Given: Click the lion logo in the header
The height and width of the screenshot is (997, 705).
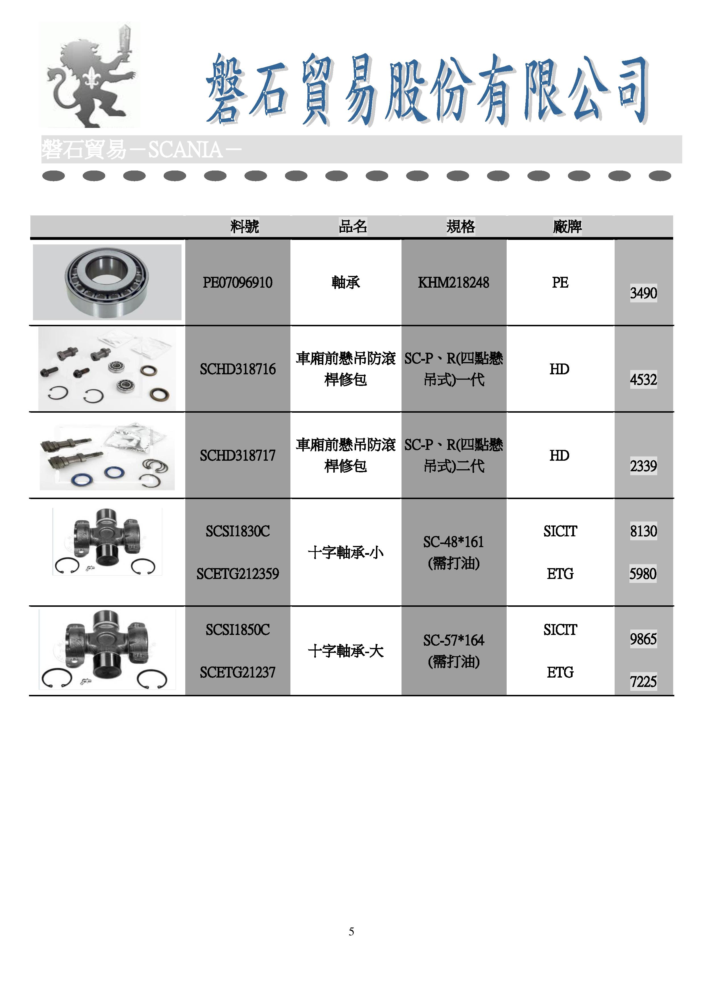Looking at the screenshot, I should click(x=90, y=75).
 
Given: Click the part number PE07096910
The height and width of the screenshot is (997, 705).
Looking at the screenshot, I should click(x=238, y=283).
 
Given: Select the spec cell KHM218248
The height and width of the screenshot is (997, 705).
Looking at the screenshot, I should click(x=453, y=283).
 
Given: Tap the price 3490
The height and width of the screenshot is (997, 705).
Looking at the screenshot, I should click(x=643, y=293).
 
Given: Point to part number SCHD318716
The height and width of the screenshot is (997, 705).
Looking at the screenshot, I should click(x=238, y=369).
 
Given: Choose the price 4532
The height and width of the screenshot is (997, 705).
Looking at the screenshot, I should click(x=643, y=379).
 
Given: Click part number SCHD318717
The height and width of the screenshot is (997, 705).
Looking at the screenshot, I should click(x=238, y=456).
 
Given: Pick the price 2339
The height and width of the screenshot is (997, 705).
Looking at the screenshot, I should click(x=643, y=466).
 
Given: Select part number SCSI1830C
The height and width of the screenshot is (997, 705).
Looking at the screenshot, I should click(x=238, y=531).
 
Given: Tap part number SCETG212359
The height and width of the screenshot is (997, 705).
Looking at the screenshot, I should click(x=238, y=574).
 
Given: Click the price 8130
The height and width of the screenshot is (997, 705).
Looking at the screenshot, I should click(x=643, y=531).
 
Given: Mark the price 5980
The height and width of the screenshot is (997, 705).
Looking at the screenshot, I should click(x=643, y=574).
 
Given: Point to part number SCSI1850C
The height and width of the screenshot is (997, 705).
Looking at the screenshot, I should click(x=238, y=630).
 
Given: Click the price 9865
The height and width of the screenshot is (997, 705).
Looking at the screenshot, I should click(x=643, y=639).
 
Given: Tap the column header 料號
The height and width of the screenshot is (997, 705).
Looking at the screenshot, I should click(x=244, y=226).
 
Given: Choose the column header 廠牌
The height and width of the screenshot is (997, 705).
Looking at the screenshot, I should click(x=567, y=226).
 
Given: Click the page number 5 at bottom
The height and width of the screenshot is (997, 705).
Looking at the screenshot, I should click(x=351, y=931).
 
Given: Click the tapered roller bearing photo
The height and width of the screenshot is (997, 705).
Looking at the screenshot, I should click(x=107, y=282).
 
